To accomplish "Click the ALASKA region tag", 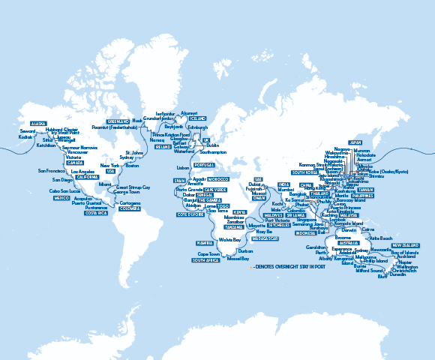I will (37, 123).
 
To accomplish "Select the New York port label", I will (110, 165).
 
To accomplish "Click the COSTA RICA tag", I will (95, 213).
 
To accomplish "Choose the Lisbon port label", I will (184, 168).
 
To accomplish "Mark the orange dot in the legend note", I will (252, 266).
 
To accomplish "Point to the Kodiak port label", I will (26, 136).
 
